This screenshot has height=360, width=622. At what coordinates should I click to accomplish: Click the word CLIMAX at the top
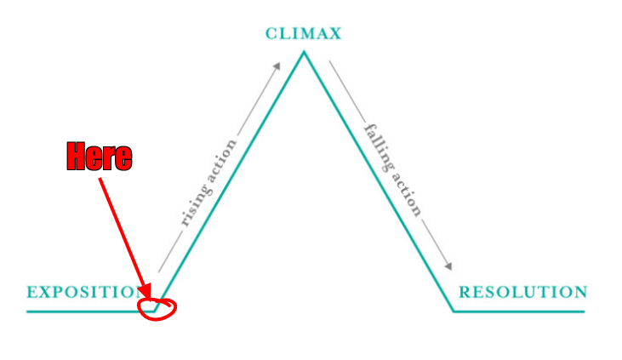pos(303,34)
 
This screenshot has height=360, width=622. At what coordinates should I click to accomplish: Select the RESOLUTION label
pos(522,292)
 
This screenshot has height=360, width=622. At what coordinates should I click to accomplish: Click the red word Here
pos(100,157)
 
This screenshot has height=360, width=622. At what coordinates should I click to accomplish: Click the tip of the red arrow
pos(152,300)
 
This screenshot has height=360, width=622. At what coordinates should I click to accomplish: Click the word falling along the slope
pos(378,144)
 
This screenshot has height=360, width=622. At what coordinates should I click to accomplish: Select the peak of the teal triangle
pos(303,53)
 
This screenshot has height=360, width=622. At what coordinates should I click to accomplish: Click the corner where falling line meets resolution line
pos(454,311)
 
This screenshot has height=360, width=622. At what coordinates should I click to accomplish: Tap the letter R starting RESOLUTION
pos(465,292)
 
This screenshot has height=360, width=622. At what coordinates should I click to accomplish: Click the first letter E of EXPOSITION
pos(31,292)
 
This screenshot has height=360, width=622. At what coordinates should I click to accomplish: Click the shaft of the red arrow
pos(126,238)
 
